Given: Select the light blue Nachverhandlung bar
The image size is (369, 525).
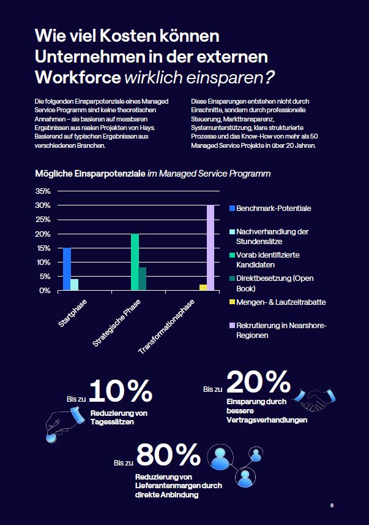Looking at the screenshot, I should coord(75,285).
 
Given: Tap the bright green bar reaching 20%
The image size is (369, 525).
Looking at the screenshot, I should coord(135,262).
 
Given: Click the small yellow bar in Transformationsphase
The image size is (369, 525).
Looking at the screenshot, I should coord(203,287).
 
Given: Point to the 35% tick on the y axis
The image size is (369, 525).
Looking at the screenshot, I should coord(43,191).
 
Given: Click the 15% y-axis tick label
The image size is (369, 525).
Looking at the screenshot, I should coord(43,248).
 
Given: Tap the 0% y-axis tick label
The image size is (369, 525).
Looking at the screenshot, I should coord(45,290).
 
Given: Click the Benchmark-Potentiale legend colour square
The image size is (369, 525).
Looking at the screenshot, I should coord(231,209).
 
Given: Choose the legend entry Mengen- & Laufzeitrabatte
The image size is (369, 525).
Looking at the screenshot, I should coord(280,302).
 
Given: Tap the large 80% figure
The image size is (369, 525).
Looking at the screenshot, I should coord(168,455).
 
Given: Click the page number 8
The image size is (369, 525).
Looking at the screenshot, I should coord(332,505).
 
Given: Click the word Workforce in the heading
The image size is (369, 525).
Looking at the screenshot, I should coord(77,78).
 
